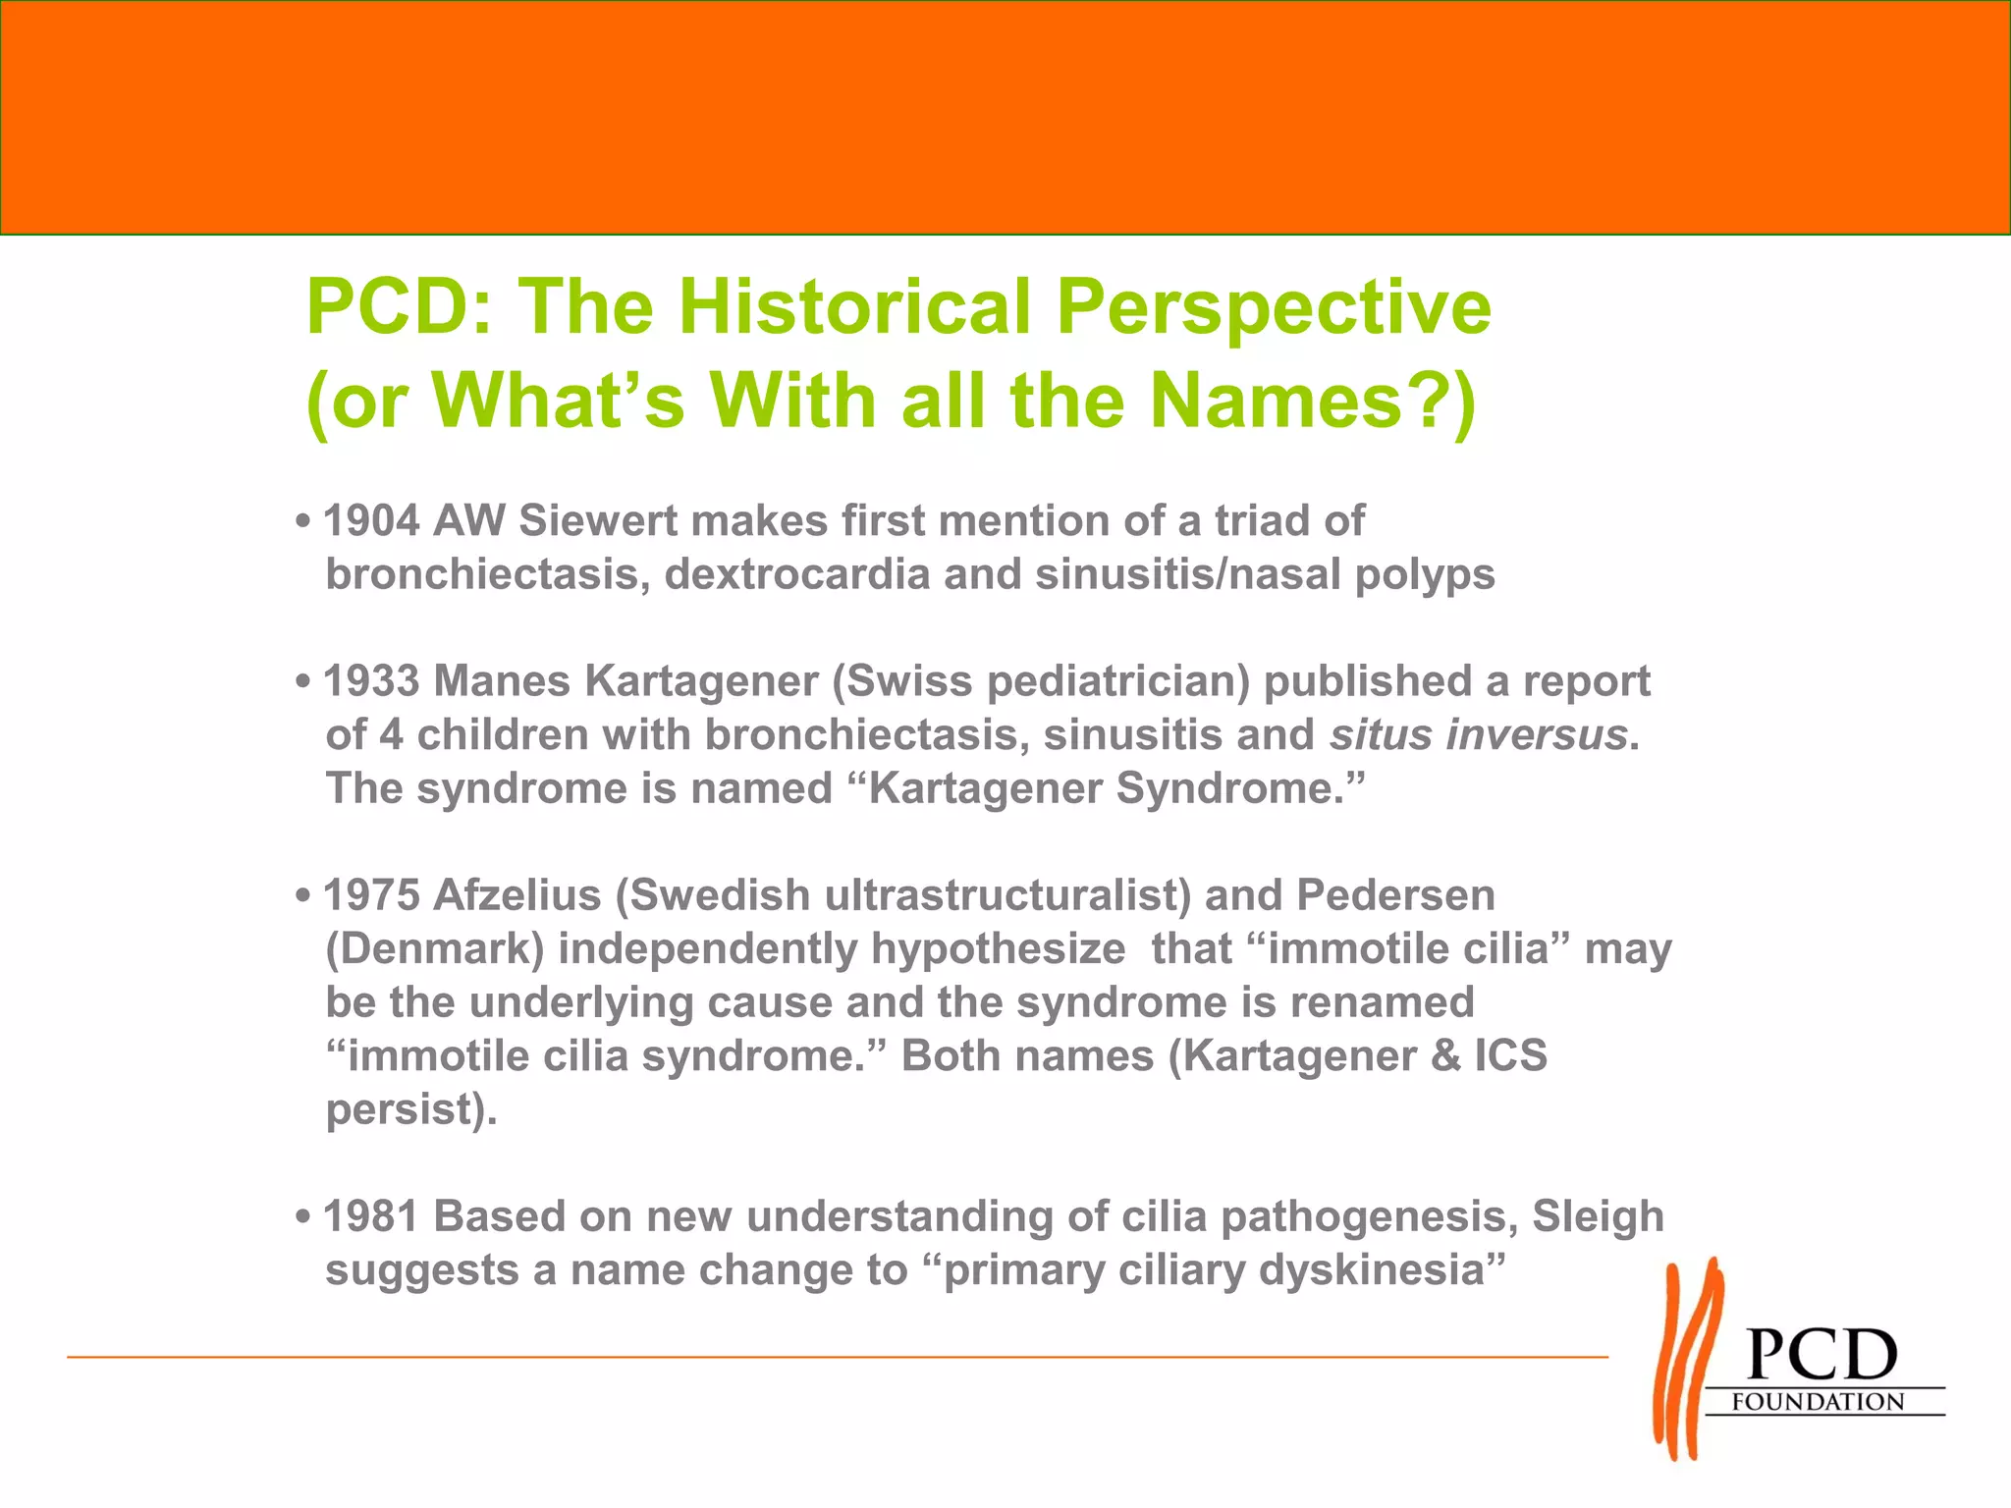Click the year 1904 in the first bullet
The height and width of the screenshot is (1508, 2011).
pyautogui.click(x=371, y=521)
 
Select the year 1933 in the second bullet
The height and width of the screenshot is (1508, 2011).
pyautogui.click(x=371, y=681)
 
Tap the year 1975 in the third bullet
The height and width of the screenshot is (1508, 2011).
pyautogui.click(x=371, y=895)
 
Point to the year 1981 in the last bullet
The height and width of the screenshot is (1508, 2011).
pyautogui.click(x=371, y=1216)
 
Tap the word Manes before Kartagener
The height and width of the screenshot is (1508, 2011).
pyautogui.click(x=502, y=681)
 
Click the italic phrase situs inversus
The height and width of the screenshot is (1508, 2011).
pyautogui.click(x=1479, y=735)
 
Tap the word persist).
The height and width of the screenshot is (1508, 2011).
pyautogui.click(x=411, y=1110)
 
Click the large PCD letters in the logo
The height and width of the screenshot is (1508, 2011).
pyautogui.click(x=1821, y=1357)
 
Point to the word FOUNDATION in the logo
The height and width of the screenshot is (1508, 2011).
pyautogui.click(x=1818, y=1402)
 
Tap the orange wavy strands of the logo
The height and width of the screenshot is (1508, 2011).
pyautogui.click(x=1686, y=1360)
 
